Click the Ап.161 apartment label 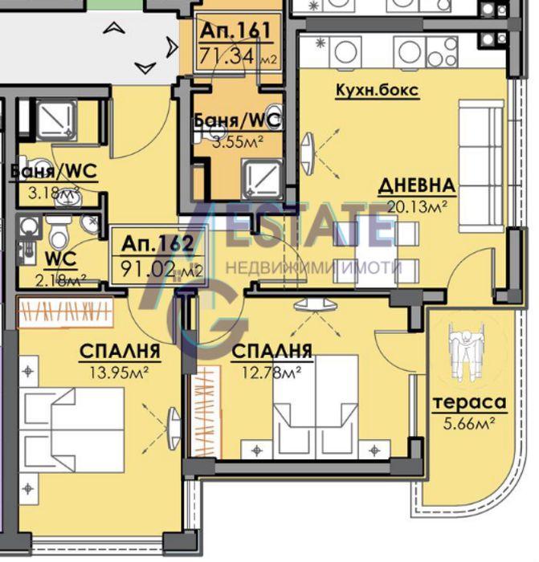click(x=235, y=31)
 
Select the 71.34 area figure click(x=227, y=55)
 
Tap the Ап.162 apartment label click(x=157, y=244)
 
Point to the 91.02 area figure click(x=149, y=269)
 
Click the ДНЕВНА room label click(x=417, y=185)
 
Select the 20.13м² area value click(x=417, y=206)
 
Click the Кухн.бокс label click(x=378, y=90)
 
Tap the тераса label click(x=469, y=402)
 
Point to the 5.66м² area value click(x=469, y=423)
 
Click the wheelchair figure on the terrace click(x=466, y=351)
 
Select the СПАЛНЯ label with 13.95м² click(x=120, y=352)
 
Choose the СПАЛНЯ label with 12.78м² click(x=272, y=352)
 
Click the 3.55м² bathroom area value click(x=238, y=142)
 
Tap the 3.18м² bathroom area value click(x=54, y=193)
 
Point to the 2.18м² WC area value click(x=61, y=280)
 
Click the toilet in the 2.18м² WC click(x=58, y=232)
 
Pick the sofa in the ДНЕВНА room click(x=481, y=166)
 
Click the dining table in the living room click(x=376, y=252)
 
